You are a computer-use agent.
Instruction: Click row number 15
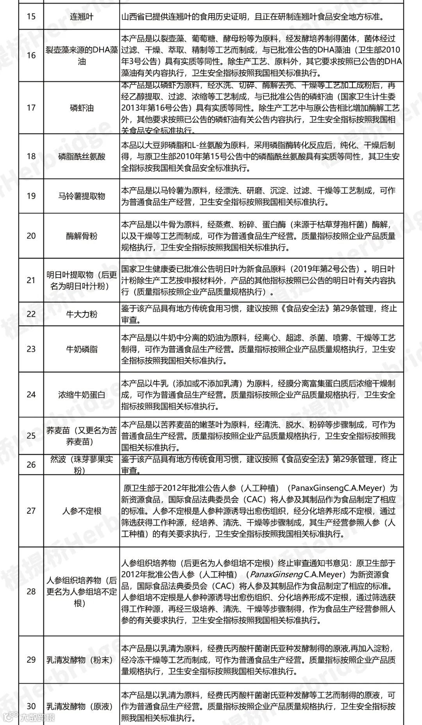31,17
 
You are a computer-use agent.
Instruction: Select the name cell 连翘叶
82,17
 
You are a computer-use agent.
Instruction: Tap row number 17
31,108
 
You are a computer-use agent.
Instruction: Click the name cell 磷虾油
82,108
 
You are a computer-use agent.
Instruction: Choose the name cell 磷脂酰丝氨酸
82,156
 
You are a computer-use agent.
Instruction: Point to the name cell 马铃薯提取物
82,196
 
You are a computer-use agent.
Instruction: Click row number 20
31,236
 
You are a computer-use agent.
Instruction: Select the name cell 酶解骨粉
82,236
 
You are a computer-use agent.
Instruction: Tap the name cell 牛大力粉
82,314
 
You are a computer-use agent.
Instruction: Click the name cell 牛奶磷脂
82,349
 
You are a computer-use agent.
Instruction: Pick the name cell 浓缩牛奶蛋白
82,395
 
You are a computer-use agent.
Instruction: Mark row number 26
31,465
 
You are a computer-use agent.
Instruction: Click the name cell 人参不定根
82,511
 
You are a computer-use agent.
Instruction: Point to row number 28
31,591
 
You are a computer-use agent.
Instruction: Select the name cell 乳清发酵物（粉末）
80,660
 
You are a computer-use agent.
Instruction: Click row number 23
31,349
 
